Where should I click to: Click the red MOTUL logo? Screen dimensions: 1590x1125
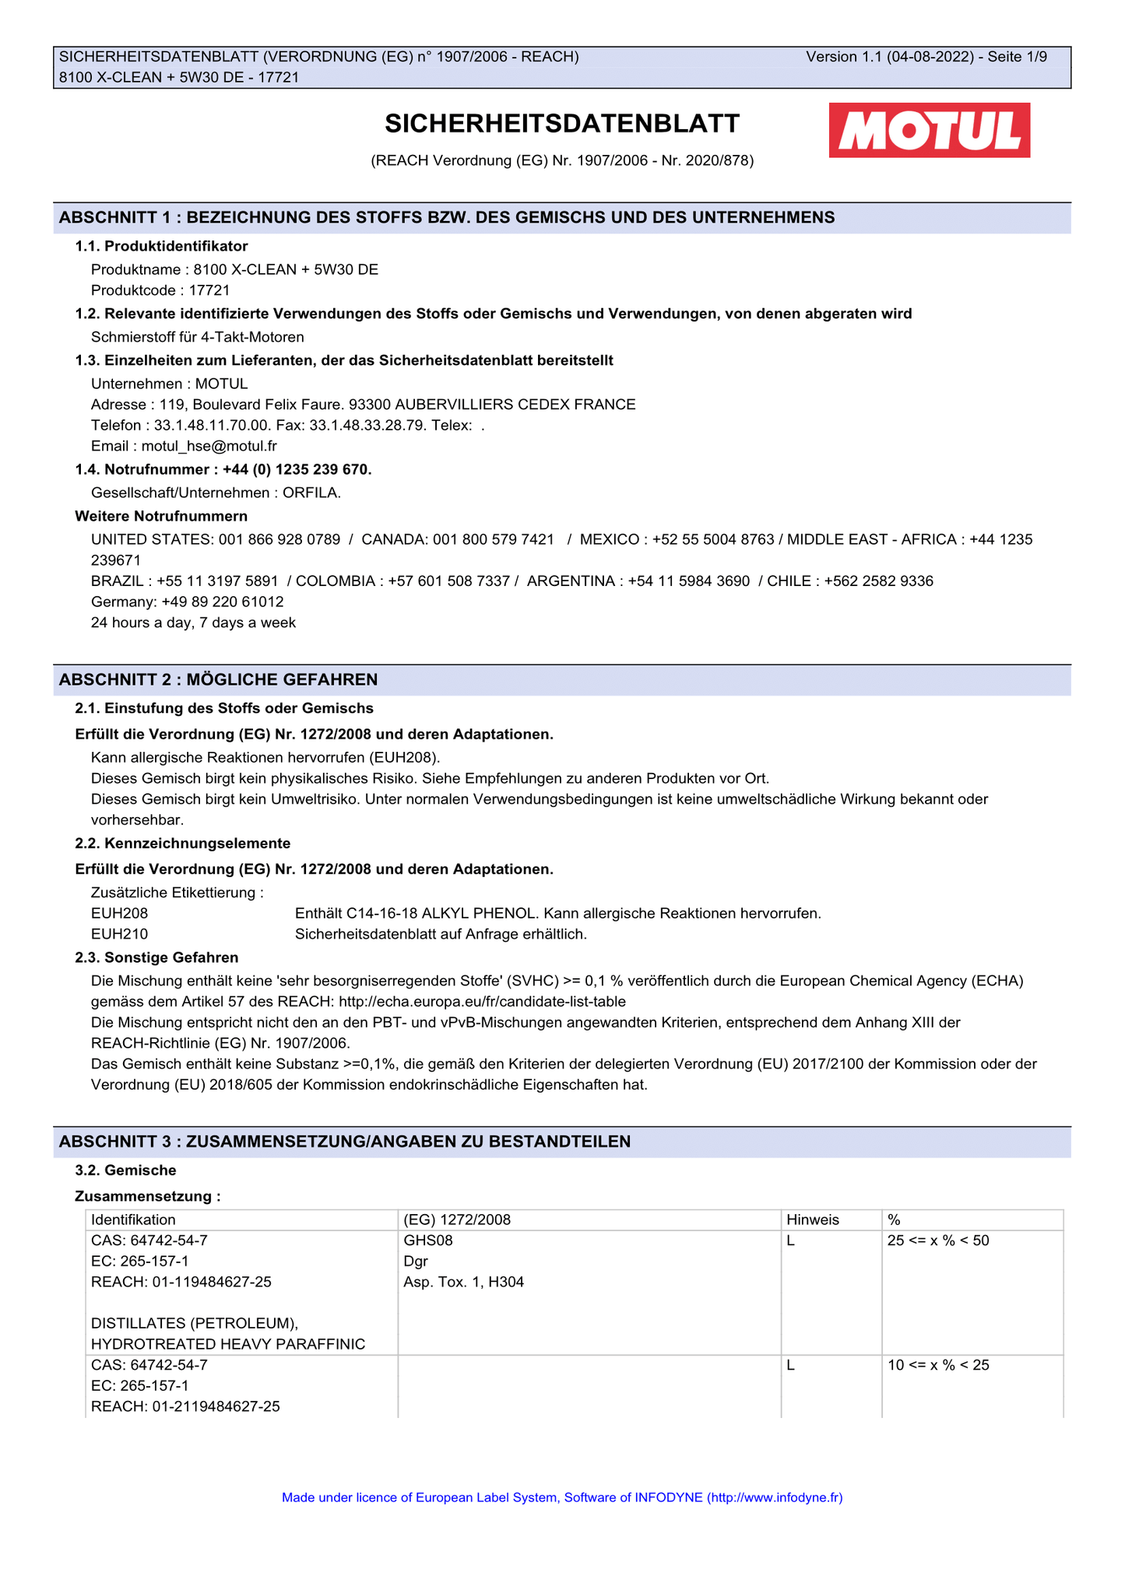pos(929,130)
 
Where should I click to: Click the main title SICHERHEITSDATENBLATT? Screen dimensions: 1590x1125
pos(562,124)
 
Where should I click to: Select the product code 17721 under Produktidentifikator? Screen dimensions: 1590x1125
pos(210,290)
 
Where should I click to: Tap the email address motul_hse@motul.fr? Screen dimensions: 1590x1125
pos(209,446)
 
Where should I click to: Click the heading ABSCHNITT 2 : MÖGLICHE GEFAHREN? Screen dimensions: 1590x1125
pos(218,679)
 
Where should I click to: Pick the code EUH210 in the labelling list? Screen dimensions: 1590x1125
pos(119,934)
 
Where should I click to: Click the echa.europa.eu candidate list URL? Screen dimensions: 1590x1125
pos(482,1002)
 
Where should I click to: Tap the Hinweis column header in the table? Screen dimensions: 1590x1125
pos(813,1220)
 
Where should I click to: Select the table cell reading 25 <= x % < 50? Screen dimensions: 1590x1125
pos(938,1241)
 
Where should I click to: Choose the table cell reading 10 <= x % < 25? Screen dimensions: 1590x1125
pos(938,1365)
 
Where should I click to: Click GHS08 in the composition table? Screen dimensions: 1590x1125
pos(427,1241)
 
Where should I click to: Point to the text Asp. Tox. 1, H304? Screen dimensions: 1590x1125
pos(463,1282)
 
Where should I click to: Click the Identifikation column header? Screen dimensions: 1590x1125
pos(133,1220)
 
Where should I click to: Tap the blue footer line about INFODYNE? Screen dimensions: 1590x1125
pos(562,1497)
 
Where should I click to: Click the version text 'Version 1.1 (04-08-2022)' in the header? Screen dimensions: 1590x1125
pos(889,57)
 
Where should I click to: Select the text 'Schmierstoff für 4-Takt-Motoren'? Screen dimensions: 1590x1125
pos(197,337)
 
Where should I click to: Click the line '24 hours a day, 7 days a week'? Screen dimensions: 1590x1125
pos(193,623)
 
